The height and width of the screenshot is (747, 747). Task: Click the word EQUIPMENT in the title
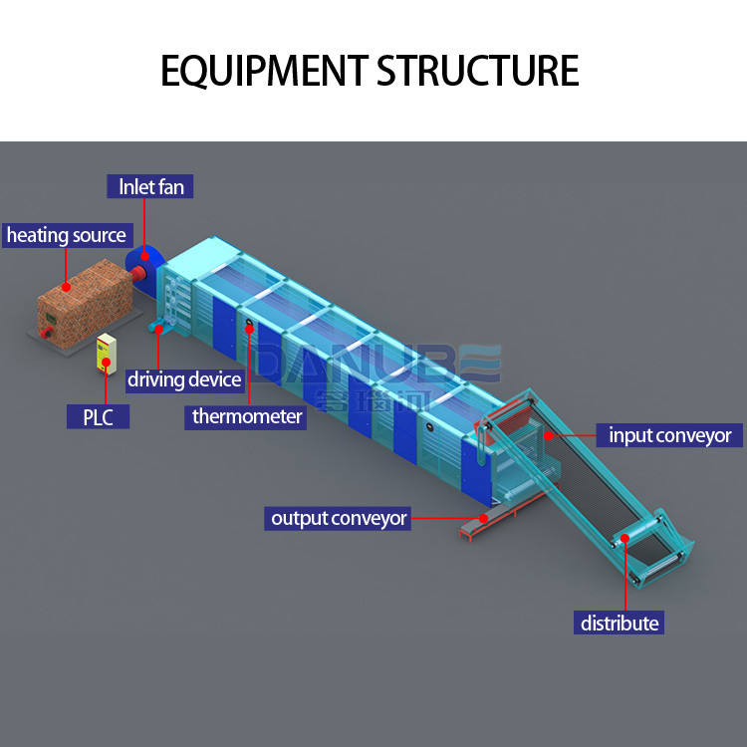[263, 71]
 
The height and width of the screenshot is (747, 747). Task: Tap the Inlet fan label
[150, 186]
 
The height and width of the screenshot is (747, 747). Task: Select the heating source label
[67, 235]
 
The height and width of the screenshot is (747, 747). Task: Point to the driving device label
[184, 379]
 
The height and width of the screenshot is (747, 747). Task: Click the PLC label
[91, 415]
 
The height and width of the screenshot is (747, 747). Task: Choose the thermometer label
[245, 416]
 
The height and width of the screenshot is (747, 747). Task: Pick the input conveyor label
[669, 435]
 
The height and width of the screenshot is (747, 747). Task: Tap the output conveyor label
[339, 518]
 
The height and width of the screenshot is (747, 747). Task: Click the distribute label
[620, 623]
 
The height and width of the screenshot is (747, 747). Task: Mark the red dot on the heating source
[67, 287]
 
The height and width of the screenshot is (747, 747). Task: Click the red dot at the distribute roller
[625, 540]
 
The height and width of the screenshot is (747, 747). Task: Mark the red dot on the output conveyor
[482, 518]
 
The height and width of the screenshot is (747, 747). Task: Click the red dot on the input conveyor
[548, 436]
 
